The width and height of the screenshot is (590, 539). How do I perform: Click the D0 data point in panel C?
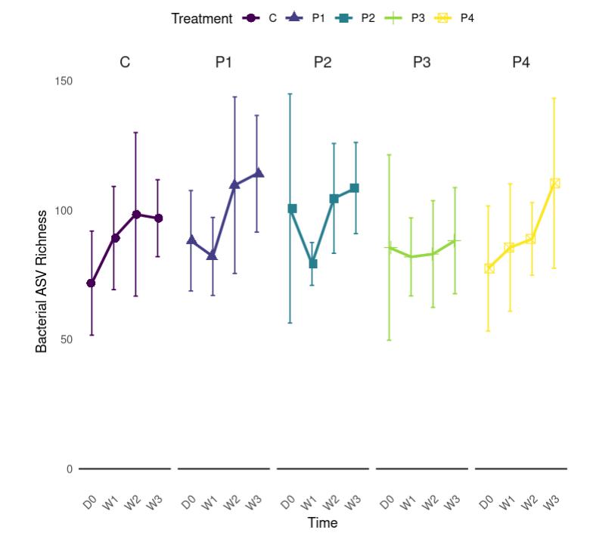tap(92, 283)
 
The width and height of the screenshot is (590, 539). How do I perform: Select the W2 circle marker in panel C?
tap(136, 214)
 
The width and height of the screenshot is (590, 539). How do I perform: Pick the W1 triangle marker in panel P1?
tap(213, 256)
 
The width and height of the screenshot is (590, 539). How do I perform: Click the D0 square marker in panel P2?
tap(292, 208)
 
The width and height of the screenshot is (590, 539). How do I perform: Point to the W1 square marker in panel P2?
tap(312, 264)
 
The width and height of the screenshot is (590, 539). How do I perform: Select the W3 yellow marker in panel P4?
tap(554, 183)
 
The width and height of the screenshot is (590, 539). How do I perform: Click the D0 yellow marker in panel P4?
tap(489, 268)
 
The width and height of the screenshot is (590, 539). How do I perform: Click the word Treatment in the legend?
tap(201, 18)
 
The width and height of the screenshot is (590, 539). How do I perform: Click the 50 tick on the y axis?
tap(67, 339)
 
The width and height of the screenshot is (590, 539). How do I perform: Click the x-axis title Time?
tap(322, 522)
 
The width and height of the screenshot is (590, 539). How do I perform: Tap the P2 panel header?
tap(322, 62)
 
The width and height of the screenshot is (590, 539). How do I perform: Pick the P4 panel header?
tap(520, 62)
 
